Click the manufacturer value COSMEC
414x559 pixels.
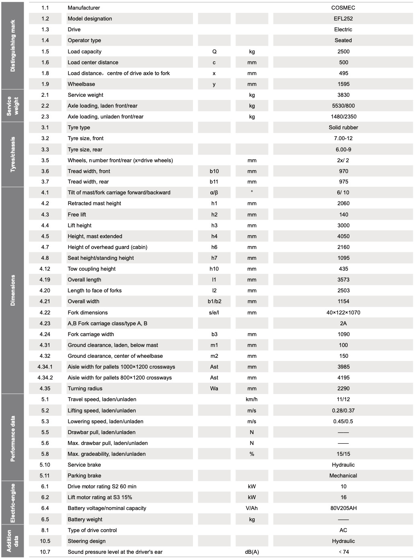(343, 8)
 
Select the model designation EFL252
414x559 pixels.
(343, 18)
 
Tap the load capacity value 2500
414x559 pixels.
(343, 51)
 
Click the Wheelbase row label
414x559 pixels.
(81, 84)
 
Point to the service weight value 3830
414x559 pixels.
(343, 95)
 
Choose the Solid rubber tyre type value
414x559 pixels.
(343, 127)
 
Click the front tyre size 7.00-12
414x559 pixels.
(343, 138)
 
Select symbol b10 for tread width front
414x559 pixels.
(214, 171)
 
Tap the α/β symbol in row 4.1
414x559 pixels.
(214, 192)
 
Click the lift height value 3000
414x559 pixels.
(343, 225)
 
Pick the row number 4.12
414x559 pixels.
(45, 269)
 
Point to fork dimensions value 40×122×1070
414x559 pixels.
(343, 312)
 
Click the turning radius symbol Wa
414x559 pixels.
(214, 388)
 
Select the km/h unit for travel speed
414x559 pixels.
(252, 399)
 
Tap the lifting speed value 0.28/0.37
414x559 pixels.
(343, 410)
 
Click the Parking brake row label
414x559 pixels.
(84, 475)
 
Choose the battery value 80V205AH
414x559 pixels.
(343, 508)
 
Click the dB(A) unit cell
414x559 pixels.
(252, 552)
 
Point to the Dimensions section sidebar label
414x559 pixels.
(12, 290)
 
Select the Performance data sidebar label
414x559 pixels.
(12, 438)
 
